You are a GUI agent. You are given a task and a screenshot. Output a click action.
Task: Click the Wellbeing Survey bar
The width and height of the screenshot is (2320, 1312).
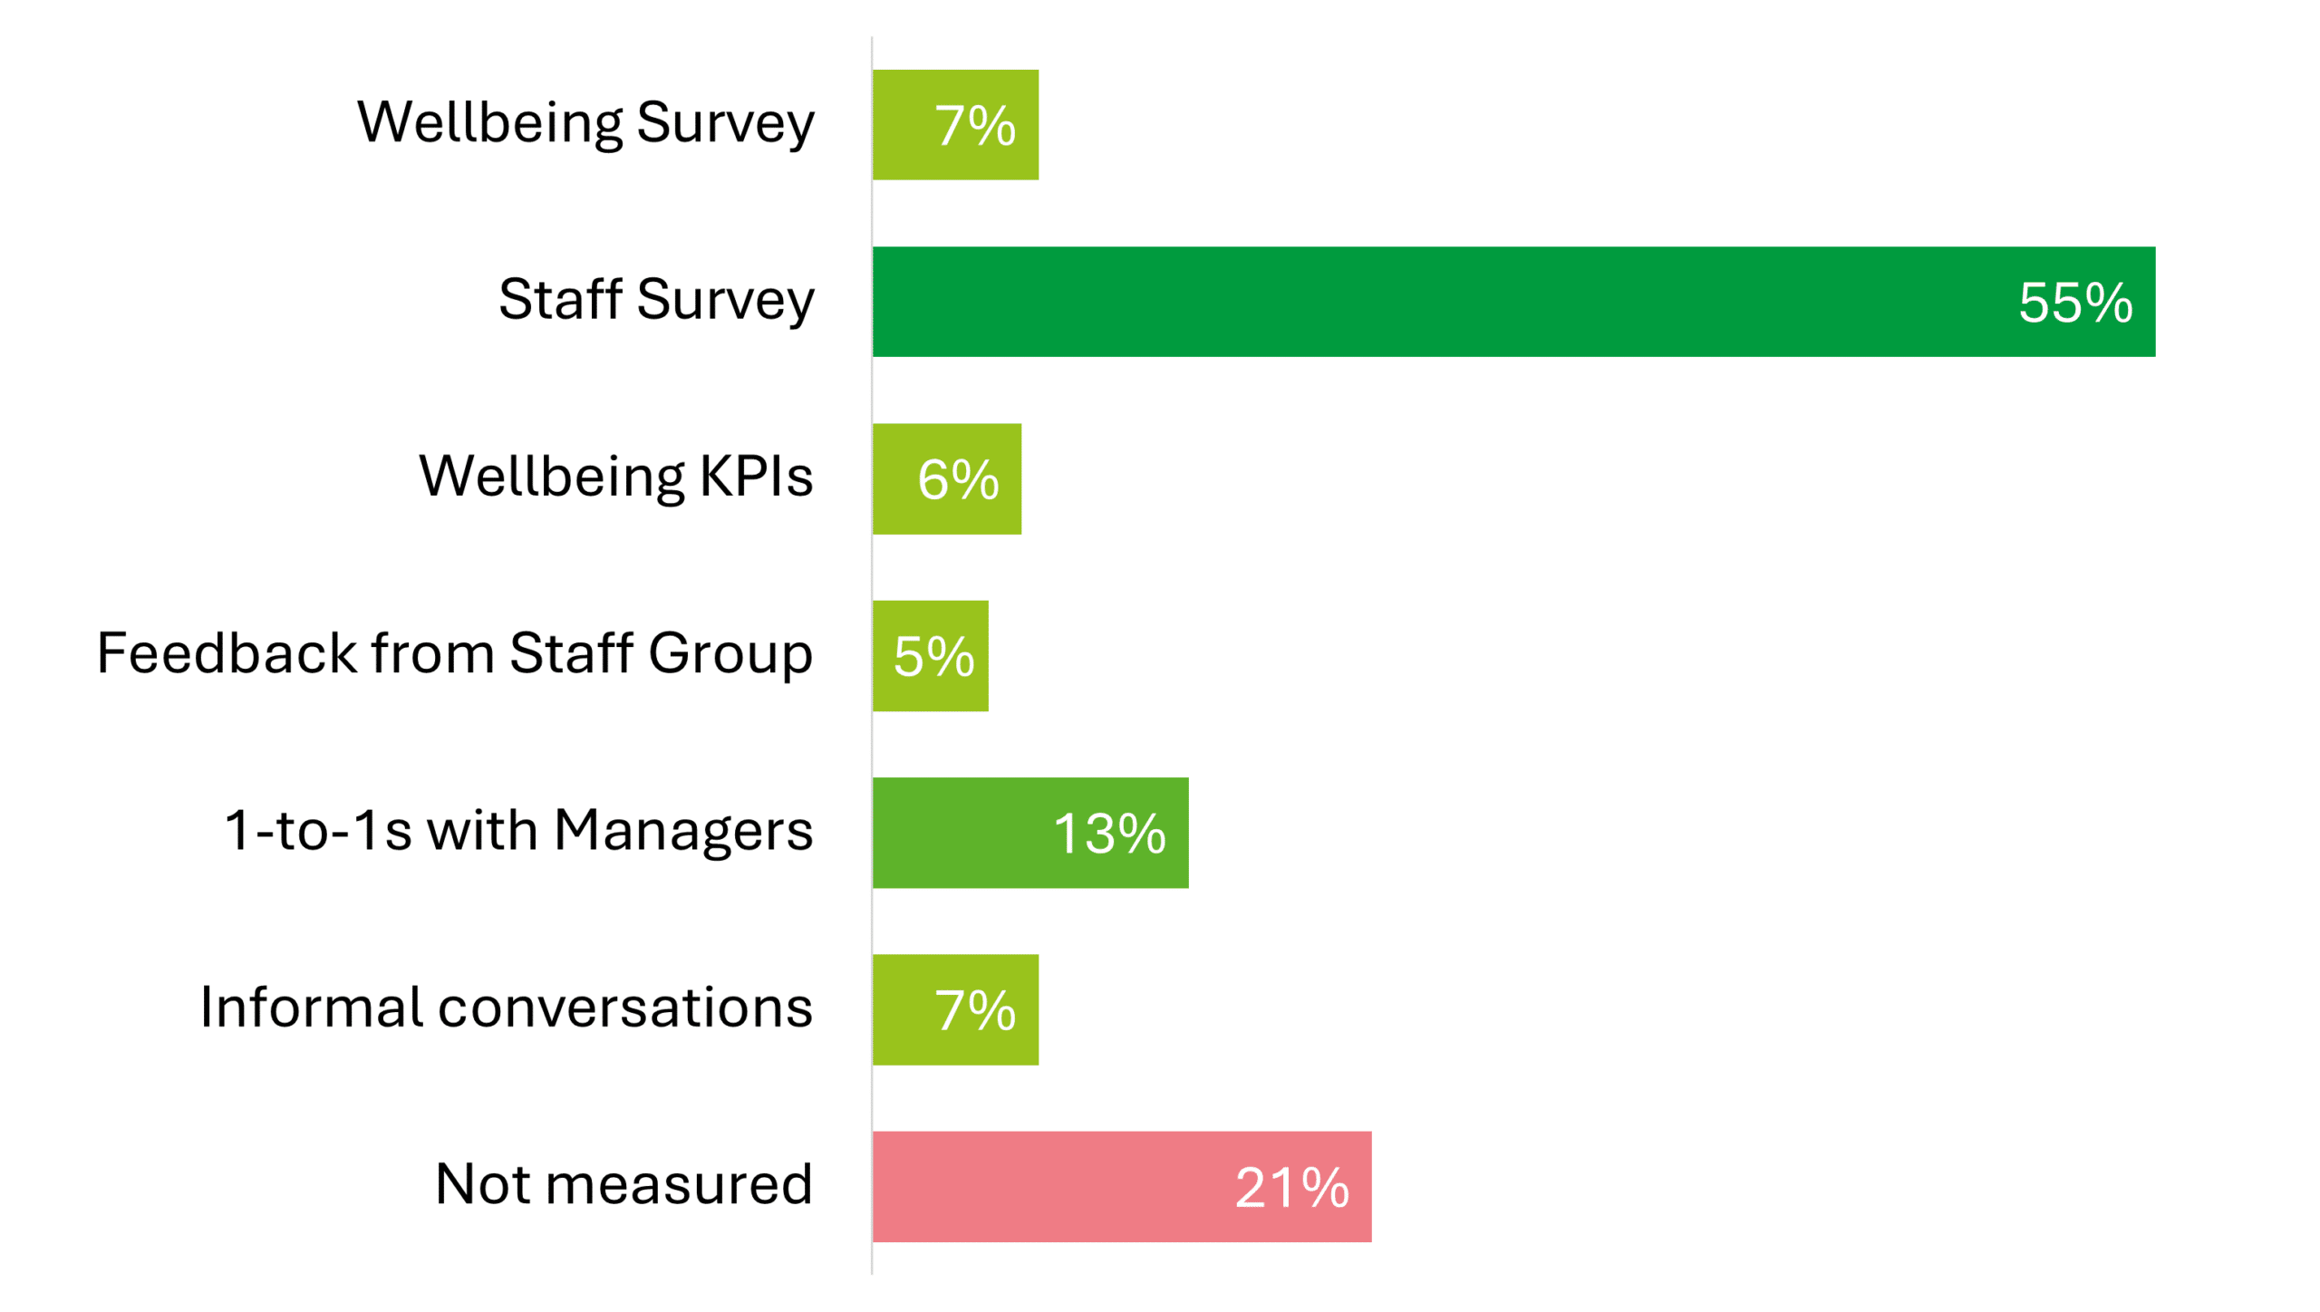coord(906,124)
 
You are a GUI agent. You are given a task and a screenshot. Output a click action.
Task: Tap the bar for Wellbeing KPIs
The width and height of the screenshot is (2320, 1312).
coord(897,478)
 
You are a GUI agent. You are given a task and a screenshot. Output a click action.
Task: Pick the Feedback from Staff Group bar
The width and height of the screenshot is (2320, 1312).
coord(884,655)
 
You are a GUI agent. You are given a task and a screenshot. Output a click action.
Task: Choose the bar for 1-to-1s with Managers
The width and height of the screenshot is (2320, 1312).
coord(961,832)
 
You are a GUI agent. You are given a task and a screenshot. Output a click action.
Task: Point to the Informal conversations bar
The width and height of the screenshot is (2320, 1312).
coord(906,1009)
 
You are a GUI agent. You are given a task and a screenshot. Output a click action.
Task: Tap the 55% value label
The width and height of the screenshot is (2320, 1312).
coord(2074,302)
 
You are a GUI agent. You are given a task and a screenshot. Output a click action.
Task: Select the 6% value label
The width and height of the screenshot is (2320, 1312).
coord(958,479)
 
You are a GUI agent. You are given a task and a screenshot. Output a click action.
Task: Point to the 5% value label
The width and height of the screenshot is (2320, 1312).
coord(933,656)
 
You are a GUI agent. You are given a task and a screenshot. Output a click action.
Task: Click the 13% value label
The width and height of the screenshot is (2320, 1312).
coord(1109,833)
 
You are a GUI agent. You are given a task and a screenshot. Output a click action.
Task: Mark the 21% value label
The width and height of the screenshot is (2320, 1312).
coord(1291,1187)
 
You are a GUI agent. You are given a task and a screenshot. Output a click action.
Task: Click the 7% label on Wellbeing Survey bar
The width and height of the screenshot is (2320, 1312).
coord(975,125)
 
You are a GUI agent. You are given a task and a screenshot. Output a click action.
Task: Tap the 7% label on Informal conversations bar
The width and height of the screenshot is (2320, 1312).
coord(975,1010)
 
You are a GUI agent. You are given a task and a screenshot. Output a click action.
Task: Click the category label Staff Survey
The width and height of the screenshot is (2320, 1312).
coord(656,299)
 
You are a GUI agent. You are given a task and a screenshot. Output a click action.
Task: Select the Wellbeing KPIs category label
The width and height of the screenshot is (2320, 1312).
coord(615,477)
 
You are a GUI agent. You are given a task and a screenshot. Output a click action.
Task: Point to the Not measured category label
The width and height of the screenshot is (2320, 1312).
coord(623,1183)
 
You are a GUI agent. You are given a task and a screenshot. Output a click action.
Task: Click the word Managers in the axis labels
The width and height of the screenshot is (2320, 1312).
coord(683,830)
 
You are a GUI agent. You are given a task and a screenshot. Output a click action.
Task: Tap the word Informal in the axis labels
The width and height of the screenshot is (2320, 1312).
coord(312,1007)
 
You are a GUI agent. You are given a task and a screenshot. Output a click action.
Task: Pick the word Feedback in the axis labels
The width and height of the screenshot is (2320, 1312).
coord(227,653)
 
